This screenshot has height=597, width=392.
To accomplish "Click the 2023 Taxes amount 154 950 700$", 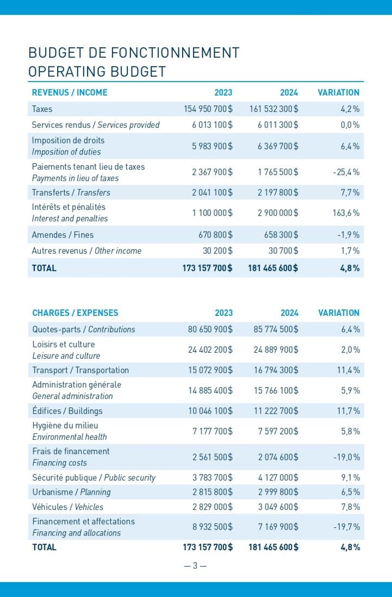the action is (x=208, y=109).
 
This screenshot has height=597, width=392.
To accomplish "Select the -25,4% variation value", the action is (x=346, y=172).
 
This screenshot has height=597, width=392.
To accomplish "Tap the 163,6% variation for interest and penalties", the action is (x=346, y=213).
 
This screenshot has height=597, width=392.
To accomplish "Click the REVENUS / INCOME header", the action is (x=70, y=92).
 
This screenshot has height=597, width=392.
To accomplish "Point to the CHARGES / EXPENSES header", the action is (x=76, y=313).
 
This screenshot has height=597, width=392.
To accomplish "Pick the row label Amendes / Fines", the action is (x=63, y=235).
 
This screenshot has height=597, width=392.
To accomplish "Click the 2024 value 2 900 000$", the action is (x=278, y=213).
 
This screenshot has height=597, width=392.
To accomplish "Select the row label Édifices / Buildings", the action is (x=67, y=411).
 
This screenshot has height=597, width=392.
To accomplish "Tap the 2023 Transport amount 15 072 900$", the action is (x=210, y=370).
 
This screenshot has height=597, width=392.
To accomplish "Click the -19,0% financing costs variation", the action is (x=347, y=457).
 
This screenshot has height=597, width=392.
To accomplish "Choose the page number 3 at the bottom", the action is (x=195, y=566).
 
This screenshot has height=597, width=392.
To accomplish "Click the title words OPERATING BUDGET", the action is (x=97, y=72).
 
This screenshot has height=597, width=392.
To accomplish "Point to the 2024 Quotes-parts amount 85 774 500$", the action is (x=276, y=329).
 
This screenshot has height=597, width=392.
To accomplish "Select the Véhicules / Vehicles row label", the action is (x=68, y=507).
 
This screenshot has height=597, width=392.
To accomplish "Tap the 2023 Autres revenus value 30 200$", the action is (x=217, y=251).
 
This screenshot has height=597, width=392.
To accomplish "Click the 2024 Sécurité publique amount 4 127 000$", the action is (x=278, y=478).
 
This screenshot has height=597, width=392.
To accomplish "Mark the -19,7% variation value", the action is (x=347, y=527).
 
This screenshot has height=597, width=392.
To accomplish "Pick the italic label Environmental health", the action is (x=70, y=437).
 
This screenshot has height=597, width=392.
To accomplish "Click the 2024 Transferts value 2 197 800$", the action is (x=278, y=192).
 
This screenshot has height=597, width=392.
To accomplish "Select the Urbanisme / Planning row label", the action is (x=72, y=492).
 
